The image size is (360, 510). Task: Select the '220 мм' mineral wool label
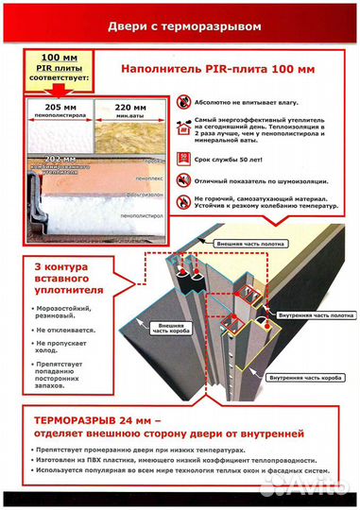(x=136, y=109)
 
